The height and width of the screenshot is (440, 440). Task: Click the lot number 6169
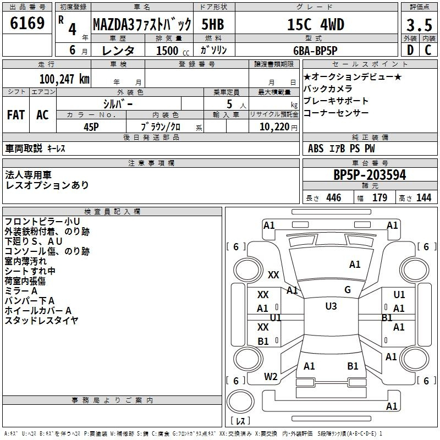tap(27, 23)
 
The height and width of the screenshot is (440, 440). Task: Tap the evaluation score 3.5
tap(419, 25)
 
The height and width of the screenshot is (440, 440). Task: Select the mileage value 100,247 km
tap(64, 79)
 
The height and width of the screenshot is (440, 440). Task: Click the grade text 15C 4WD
tap(316, 24)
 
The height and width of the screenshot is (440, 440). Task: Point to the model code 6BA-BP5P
tap(315, 51)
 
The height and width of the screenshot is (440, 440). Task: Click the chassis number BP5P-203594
tap(370, 175)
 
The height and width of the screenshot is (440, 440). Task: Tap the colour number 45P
tap(91, 127)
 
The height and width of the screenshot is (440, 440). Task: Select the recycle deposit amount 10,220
tap(274, 127)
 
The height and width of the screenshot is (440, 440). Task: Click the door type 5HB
tap(213, 24)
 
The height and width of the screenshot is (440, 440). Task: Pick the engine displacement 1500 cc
tap(173, 51)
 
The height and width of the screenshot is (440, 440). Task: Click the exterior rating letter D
tap(410, 50)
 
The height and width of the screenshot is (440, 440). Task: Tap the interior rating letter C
tap(428, 50)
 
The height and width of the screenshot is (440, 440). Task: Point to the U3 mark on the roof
tap(331, 306)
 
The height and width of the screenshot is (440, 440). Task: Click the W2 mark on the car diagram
tap(271, 377)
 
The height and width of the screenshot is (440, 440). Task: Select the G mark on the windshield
tap(348, 289)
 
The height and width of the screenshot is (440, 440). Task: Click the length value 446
tap(334, 197)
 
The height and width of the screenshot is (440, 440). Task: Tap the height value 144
tap(424, 197)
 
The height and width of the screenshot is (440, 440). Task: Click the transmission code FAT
tap(16, 115)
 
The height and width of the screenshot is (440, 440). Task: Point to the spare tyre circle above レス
tap(240, 401)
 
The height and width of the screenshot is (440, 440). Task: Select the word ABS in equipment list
tap(316, 148)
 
